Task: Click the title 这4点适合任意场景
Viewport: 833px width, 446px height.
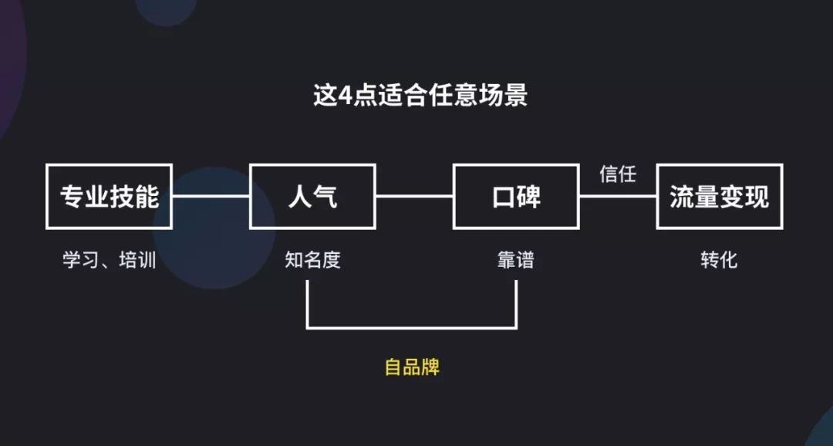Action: click(x=420, y=96)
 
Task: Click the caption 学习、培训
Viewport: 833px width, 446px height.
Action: click(x=110, y=260)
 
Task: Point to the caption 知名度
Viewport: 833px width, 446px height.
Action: click(x=312, y=260)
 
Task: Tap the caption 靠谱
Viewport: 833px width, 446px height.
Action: click(x=516, y=260)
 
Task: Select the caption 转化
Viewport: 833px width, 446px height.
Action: click(x=720, y=260)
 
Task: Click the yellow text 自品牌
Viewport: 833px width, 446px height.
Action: click(x=412, y=367)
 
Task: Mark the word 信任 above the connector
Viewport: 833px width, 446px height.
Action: click(x=618, y=174)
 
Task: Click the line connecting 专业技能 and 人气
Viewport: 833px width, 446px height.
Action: click(x=211, y=196)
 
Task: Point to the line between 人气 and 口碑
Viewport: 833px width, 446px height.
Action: click(x=414, y=196)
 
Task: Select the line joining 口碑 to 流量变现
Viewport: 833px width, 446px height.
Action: click(x=618, y=196)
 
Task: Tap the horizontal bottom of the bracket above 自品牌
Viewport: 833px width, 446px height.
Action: click(x=412, y=327)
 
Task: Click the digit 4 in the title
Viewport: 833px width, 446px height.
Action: click(x=346, y=96)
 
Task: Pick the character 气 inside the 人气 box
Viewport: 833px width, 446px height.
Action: click(x=325, y=197)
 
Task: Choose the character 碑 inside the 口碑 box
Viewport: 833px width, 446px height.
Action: click(x=529, y=197)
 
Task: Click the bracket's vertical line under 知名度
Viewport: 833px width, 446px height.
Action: click(x=308, y=304)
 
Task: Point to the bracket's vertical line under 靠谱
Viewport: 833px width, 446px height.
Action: click(x=516, y=304)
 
